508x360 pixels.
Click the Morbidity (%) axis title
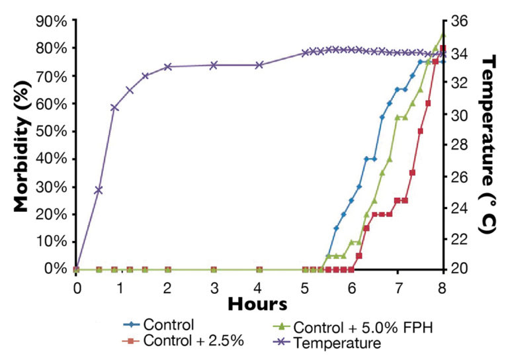click(x=21, y=142)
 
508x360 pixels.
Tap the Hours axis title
click(x=257, y=304)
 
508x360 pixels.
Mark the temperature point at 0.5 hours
click(x=99, y=190)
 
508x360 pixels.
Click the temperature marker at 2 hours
click(x=168, y=67)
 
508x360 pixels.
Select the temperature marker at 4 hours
click(x=259, y=65)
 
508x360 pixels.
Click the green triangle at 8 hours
click(x=443, y=34)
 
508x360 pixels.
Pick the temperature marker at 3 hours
click(x=214, y=65)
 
